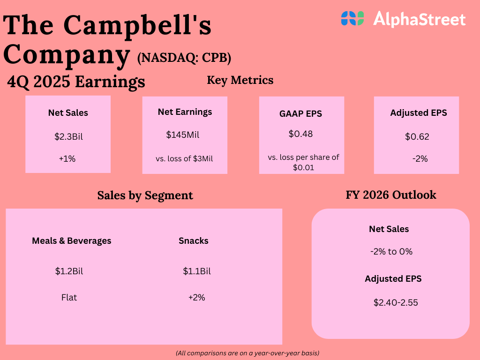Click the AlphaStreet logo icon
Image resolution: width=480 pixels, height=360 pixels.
[352, 18]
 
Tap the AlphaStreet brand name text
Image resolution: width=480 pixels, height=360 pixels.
[419, 19]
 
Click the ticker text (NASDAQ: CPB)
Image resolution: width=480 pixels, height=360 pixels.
[184, 58]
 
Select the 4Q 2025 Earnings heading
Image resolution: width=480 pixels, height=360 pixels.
[76, 82]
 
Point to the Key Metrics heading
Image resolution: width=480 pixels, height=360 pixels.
[240, 80]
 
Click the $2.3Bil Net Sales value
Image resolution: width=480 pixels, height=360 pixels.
[68, 137]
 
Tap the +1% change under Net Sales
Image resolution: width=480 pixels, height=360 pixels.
[67, 158]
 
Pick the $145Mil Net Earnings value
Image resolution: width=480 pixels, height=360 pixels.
[183, 135]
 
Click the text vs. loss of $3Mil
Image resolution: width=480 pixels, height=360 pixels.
[184, 158]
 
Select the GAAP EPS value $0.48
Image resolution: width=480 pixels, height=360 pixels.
[300, 134]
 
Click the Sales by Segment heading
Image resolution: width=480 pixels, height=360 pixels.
[145, 195]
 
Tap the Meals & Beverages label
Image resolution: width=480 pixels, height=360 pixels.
[72, 240]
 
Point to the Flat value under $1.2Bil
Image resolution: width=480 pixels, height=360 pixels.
[69, 297]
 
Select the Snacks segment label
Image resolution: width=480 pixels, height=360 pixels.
[194, 240]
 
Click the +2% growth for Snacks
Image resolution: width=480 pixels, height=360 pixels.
[197, 297]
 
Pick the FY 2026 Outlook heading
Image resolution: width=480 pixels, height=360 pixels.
[391, 195]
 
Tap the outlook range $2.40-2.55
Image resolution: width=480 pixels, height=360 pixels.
[396, 302]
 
